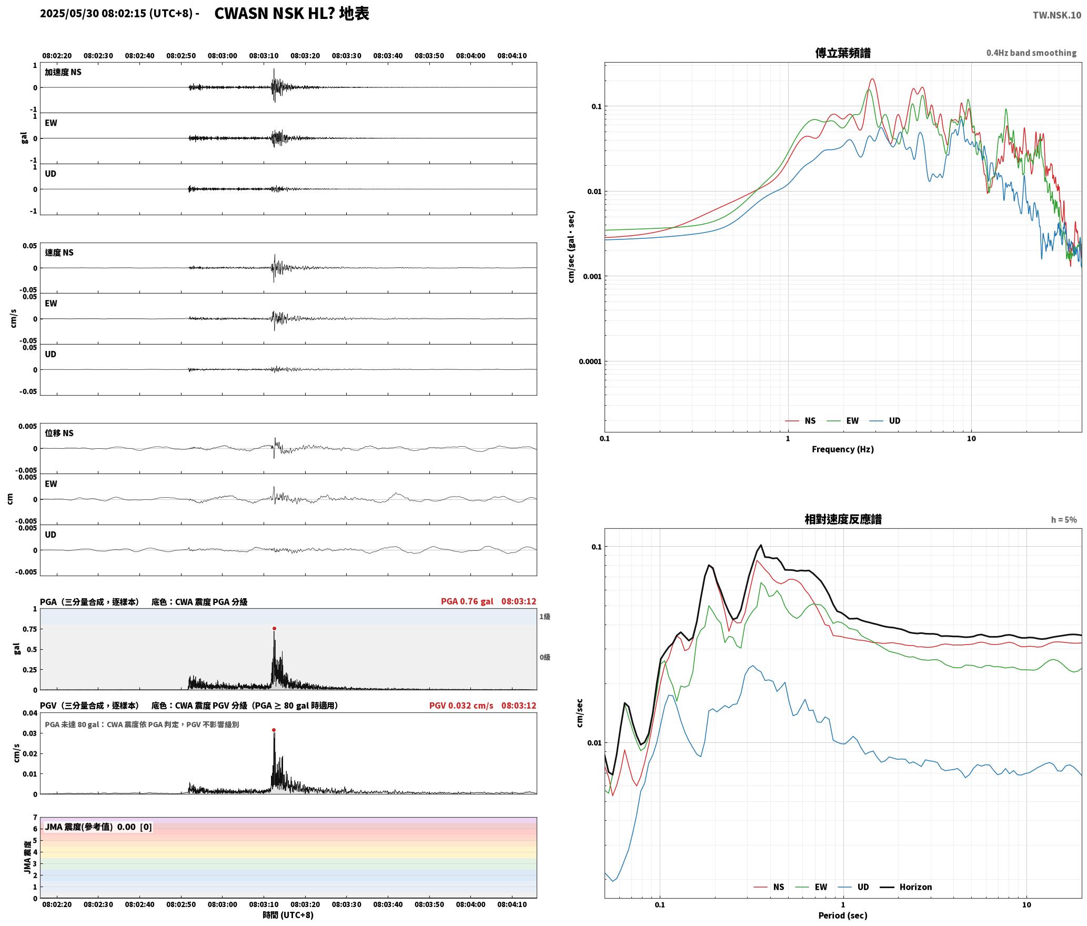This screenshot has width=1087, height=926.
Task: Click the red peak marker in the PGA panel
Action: [x=274, y=628]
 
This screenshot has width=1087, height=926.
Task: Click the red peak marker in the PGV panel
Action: [x=274, y=730]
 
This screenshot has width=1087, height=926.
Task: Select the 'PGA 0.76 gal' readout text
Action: [x=467, y=601]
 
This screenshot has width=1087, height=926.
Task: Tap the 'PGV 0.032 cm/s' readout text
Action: [x=461, y=706]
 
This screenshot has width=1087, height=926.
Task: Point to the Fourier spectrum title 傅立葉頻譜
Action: [x=843, y=53]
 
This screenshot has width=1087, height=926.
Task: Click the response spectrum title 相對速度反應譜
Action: [x=843, y=519]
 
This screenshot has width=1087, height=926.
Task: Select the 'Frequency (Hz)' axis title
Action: [x=843, y=449]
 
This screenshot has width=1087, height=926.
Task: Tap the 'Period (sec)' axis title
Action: [x=843, y=915]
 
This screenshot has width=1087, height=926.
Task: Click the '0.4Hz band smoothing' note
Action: [x=1031, y=53]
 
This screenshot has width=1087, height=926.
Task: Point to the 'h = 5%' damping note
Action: [x=1064, y=520]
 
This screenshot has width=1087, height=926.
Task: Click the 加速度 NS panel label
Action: [x=63, y=72]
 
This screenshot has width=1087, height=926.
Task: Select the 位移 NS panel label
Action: [x=59, y=433]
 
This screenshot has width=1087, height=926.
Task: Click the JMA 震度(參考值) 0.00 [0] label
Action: [x=98, y=827]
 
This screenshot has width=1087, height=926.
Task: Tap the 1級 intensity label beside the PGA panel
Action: [x=545, y=616]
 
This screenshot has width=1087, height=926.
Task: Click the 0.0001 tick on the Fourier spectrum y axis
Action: [x=590, y=361]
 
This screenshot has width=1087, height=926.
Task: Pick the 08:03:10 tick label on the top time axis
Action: [x=264, y=55]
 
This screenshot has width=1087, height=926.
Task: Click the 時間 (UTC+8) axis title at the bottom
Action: [x=288, y=915]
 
